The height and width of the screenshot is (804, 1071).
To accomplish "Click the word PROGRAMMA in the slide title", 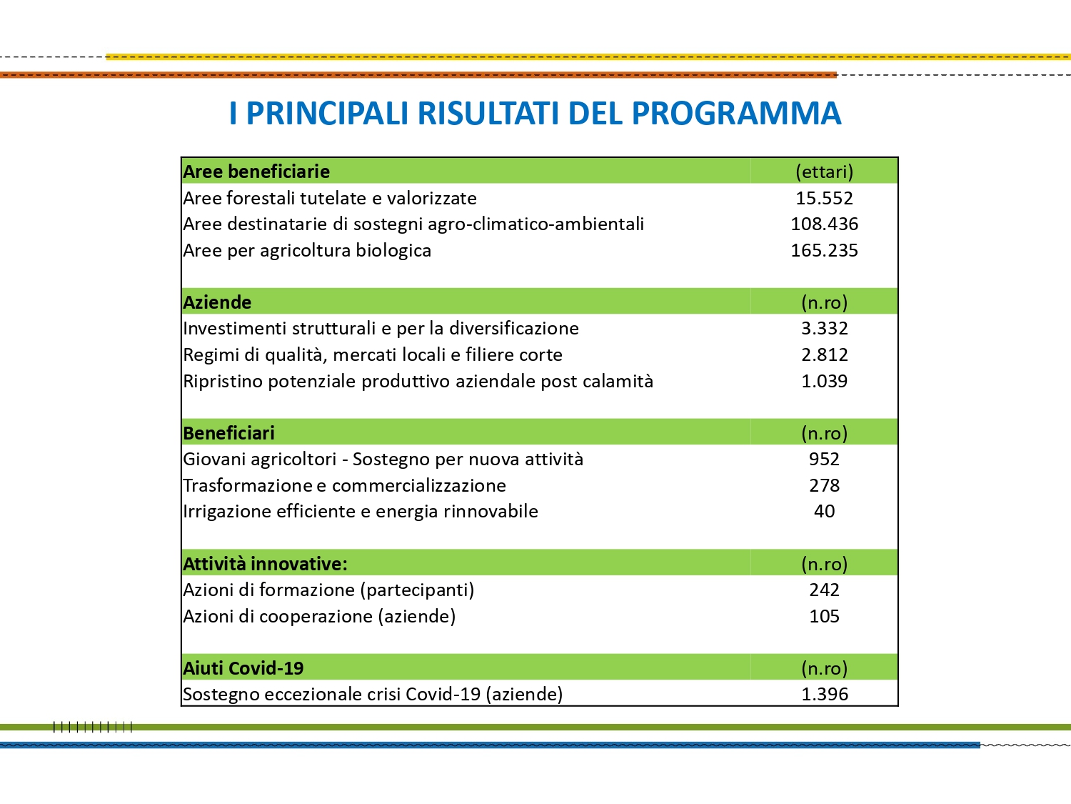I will coord(736,114).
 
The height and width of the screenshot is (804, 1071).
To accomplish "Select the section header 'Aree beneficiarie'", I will coord(256,172).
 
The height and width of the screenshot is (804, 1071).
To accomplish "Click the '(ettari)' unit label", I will coord(824,172).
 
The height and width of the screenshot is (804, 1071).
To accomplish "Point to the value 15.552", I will coord(824,198).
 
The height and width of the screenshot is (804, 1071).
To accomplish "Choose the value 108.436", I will coord(824,224).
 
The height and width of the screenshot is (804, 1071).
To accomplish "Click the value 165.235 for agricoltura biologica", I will coord(824,250).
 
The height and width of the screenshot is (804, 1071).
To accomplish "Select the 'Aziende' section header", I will coord(217,302).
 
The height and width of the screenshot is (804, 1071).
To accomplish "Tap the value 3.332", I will coord(824,328).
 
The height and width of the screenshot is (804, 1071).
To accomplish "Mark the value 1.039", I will coord(824,381).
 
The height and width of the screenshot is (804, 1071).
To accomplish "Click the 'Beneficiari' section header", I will coord(228,433).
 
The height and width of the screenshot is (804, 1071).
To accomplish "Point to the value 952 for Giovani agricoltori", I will coord(824,459).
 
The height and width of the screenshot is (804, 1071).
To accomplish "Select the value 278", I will coord(824,485).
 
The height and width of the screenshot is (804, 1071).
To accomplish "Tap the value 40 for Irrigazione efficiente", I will coord(824,511).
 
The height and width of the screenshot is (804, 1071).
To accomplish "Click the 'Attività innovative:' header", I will coord(265,564).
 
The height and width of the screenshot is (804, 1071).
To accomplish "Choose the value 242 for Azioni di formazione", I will coord(824,590).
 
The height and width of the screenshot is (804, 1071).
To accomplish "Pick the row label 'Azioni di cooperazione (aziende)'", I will coord(319,616).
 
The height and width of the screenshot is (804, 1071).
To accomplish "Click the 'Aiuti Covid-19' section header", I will coord(243,668).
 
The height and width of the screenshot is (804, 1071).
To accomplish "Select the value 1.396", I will coord(824,694).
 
